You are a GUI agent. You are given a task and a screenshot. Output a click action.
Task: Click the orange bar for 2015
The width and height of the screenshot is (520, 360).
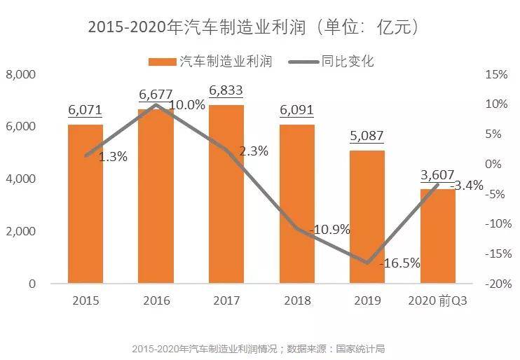click(85, 204)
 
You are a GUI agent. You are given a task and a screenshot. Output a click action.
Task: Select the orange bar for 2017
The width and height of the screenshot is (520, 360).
click(226, 194)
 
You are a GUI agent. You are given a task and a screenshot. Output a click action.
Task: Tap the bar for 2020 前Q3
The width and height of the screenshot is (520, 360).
click(438, 236)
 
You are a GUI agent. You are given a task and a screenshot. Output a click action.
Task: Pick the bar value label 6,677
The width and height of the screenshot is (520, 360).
click(156, 95)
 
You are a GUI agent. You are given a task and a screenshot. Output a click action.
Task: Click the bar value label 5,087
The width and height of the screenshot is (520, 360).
click(367, 136)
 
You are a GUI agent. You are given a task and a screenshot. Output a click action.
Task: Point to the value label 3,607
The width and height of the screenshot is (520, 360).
click(437, 174)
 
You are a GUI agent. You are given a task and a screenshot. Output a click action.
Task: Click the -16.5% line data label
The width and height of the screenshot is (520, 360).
click(400, 263)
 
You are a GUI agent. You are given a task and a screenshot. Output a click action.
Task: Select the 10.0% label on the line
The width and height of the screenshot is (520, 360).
click(187, 105)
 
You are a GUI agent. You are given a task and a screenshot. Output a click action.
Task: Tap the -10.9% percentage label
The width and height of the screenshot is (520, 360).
click(329, 230)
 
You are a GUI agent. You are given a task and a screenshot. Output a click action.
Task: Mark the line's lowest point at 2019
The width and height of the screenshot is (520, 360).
click(367, 263)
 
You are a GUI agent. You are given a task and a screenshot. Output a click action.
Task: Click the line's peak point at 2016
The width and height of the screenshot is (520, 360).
click(156, 105)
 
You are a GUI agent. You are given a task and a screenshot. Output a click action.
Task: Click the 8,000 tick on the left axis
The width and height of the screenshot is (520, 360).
click(20, 74)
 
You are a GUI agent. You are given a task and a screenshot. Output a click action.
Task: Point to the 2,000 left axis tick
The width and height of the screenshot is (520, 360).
click(20, 231)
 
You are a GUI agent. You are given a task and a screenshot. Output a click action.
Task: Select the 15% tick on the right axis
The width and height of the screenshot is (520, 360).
click(496, 74)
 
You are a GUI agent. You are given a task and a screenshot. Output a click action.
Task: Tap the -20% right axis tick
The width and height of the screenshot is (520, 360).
click(498, 284)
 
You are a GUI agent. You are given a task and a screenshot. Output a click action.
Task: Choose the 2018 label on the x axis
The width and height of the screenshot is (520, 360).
click(297, 300)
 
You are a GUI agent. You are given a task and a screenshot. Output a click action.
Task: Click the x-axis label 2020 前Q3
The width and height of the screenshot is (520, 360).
click(437, 300)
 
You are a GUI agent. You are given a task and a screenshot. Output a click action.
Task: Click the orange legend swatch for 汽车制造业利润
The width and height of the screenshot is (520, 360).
click(162, 62)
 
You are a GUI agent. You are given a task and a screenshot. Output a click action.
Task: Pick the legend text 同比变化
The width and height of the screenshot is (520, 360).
click(347, 62)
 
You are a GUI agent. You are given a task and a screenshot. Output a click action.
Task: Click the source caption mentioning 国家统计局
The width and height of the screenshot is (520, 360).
click(259, 349)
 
